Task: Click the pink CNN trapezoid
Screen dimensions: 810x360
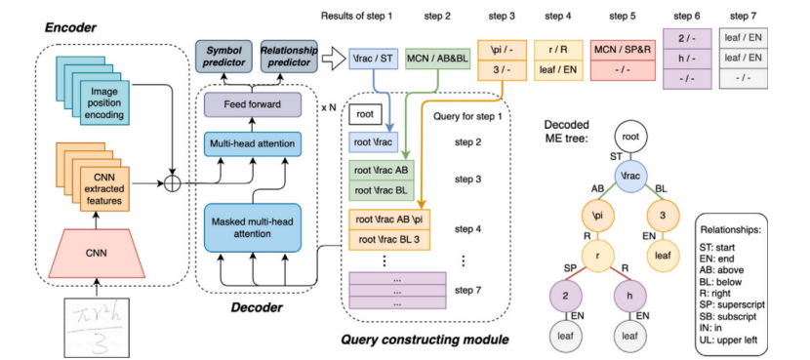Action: click(x=95, y=253)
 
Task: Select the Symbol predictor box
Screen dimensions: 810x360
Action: click(x=223, y=57)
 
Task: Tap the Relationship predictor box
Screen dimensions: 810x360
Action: click(x=289, y=57)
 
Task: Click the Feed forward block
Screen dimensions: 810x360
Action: click(x=253, y=104)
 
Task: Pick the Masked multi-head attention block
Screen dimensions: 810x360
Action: click(x=253, y=227)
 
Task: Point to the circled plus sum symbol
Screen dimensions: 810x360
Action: click(x=171, y=184)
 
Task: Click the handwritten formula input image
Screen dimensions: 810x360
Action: click(x=96, y=326)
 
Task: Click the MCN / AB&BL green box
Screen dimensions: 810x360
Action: click(x=438, y=59)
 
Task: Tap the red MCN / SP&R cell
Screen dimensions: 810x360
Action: click(x=622, y=50)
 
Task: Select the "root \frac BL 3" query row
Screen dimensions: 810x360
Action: click(x=389, y=240)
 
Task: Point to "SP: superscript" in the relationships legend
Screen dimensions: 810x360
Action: click(x=733, y=304)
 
